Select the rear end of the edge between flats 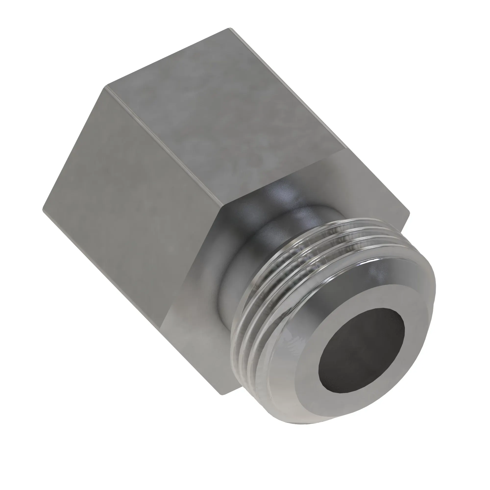[x=106, y=87]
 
